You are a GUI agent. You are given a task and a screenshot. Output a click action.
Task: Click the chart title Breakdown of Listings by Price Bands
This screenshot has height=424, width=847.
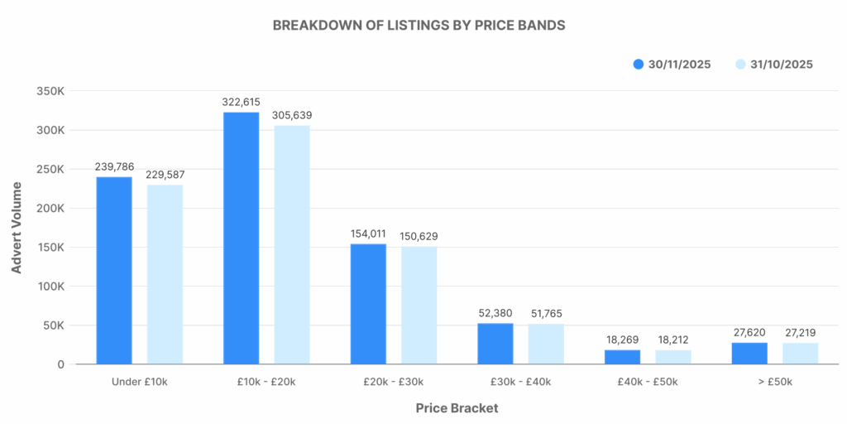(419, 25)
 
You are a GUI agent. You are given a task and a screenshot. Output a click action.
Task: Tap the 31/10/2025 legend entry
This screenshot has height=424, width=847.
(774, 64)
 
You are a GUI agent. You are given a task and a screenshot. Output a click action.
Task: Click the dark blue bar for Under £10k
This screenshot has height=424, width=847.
(114, 270)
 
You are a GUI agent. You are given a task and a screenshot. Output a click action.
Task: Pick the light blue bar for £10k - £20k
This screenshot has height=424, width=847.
(292, 244)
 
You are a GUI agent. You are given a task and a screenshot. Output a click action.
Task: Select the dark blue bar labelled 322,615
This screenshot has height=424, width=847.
(241, 238)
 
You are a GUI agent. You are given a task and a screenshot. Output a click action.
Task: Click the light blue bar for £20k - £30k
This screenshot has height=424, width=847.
(419, 305)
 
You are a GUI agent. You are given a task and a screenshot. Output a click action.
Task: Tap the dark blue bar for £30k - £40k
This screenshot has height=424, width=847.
(495, 343)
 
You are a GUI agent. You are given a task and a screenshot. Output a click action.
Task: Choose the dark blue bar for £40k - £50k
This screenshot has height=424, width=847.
(622, 356)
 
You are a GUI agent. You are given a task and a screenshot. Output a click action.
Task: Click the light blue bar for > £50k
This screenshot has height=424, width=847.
(800, 353)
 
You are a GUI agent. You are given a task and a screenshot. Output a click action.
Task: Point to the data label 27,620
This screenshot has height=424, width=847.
(749, 330)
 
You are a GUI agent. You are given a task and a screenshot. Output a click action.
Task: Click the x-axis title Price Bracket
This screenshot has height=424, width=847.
(457, 408)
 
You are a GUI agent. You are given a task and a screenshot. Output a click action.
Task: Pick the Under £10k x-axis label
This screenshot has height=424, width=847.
(139, 382)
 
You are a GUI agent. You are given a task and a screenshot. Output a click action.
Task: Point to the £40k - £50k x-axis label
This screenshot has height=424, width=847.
(648, 382)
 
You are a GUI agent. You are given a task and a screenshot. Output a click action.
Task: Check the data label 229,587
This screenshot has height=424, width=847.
(165, 172)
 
